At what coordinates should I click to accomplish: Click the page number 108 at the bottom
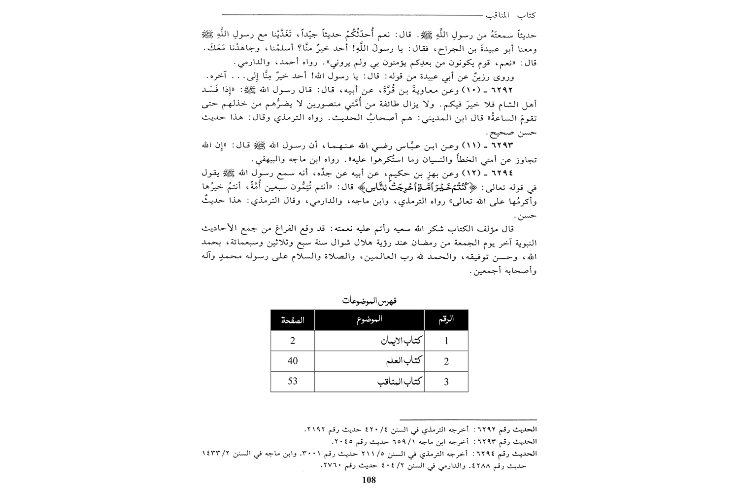(x=369, y=480)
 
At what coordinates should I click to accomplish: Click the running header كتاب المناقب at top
(x=509, y=16)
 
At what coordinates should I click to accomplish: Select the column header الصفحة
(x=293, y=320)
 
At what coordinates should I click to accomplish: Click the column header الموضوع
(x=370, y=320)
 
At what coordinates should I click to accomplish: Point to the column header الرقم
(x=446, y=320)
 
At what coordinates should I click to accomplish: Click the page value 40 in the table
(x=293, y=361)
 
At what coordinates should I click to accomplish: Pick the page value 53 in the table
(x=293, y=382)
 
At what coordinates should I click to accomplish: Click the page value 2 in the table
(x=293, y=341)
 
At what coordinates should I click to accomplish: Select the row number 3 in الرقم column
(x=446, y=382)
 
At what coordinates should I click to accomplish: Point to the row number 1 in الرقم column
(x=446, y=341)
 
